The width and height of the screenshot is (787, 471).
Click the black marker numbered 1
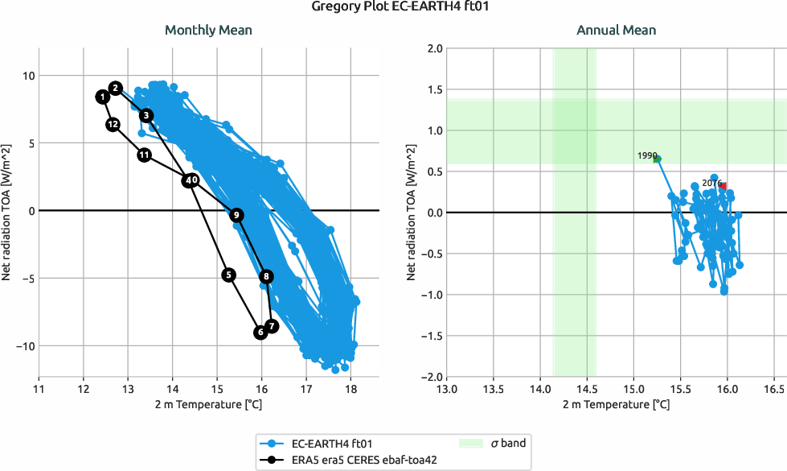pos(103,97)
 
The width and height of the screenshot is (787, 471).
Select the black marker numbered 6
pos(260,332)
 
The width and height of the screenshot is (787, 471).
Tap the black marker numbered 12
pos(113,124)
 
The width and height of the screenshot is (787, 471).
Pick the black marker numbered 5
pos(229,275)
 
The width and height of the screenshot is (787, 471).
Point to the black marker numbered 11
pos(144,155)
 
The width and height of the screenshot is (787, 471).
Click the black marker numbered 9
pos(236,215)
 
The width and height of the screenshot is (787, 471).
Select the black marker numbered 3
pos(146,115)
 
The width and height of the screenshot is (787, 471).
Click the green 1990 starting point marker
pos(657,159)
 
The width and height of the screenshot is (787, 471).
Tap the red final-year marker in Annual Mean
pos(723,186)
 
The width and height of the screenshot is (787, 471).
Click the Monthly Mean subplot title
pos(208,31)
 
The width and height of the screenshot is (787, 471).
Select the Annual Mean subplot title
pos(616,31)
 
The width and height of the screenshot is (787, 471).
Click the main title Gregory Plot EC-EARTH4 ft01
pos(393,8)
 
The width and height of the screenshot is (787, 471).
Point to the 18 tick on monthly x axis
pos(351,389)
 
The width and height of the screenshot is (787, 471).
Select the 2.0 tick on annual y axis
pos(433,48)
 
